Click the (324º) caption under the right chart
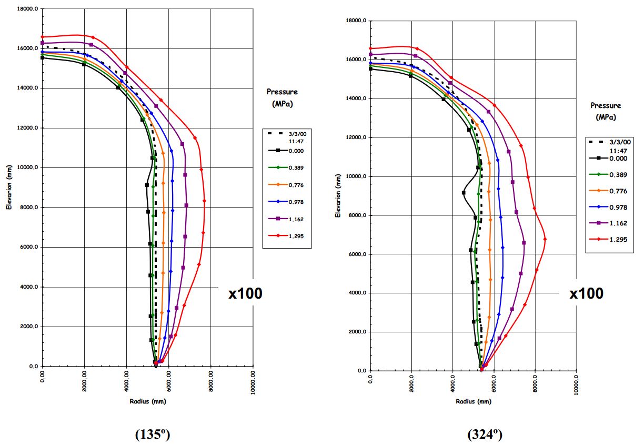coord(485,435)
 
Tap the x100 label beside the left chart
coord(245,293)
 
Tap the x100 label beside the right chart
coord(586,293)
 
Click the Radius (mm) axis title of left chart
coord(148,401)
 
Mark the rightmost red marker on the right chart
coord(545,239)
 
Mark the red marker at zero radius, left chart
coord(43,37)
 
